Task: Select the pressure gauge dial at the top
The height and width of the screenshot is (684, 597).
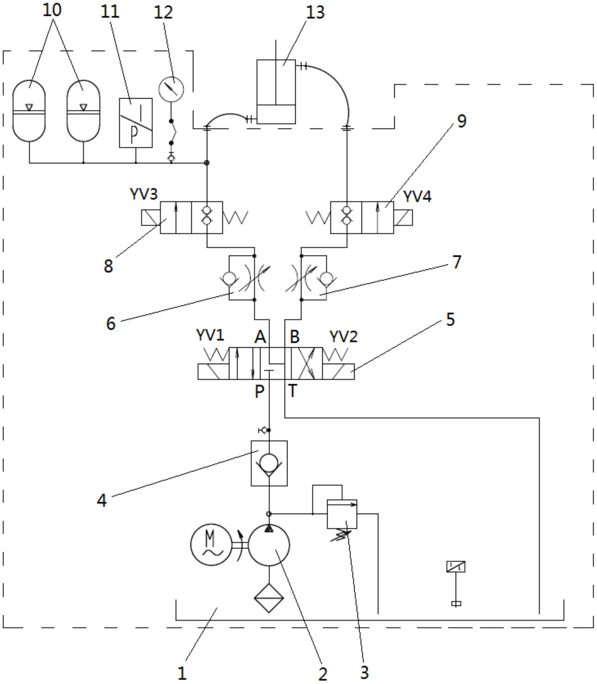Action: coord(171,89)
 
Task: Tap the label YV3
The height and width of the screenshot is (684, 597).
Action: coord(144,194)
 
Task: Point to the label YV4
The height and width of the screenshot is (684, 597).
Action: coord(417,196)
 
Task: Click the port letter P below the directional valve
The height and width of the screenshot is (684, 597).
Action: coord(259,391)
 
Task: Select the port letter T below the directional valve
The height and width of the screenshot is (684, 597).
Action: coord(292,391)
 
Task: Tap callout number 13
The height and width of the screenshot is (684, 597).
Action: coord(315,13)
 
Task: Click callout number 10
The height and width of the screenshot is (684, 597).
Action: coord(52,10)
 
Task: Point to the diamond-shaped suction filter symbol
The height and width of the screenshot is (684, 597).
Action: coord(269,598)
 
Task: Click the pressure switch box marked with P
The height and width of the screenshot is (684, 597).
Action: coord(136,123)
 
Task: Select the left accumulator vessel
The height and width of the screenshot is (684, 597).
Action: coord(29,111)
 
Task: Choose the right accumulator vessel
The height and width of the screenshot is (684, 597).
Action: coord(83,111)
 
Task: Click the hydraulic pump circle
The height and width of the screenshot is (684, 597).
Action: coord(269,545)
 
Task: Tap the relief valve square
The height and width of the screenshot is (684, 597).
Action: coord(342,514)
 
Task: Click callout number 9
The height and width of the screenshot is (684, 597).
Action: coord(462,121)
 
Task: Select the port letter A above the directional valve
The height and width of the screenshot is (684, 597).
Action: coord(260,337)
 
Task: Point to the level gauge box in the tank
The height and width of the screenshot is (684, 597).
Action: coord(456,567)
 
